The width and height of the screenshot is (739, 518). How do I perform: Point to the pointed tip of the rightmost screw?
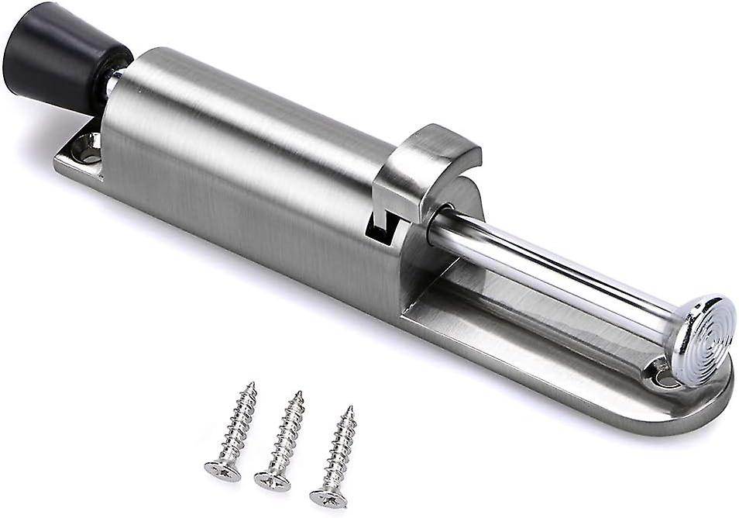[x=349, y=409]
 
